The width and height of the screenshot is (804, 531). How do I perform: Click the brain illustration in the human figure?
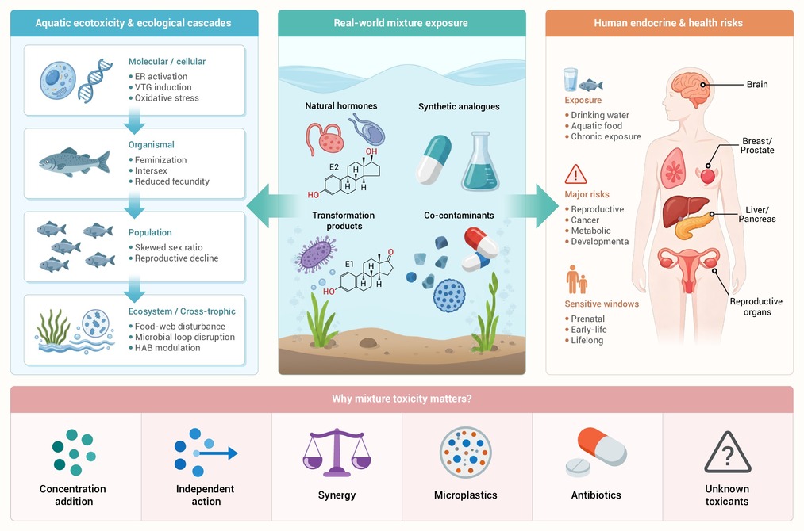692,89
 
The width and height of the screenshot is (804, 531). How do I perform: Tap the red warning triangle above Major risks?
575,174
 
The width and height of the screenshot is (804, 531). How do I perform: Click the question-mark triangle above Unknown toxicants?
727,453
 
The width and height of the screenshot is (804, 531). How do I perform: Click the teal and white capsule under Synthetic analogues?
433,159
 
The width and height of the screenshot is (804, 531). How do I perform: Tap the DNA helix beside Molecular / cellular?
95,80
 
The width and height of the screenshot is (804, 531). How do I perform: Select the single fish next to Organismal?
75,162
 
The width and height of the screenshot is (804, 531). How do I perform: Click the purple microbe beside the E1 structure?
315,254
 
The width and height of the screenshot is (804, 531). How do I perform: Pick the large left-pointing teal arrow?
271,206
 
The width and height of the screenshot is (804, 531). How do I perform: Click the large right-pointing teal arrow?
533,206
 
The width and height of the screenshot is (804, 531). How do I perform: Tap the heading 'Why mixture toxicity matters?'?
402,399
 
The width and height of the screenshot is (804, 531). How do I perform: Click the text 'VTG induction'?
163,87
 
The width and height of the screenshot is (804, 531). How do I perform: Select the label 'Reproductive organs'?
756,306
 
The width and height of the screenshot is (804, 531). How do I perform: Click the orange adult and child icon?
576,279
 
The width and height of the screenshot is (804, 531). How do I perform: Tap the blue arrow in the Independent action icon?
216,453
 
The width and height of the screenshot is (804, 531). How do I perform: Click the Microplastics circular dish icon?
466,453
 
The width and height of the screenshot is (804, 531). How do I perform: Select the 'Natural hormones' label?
341,105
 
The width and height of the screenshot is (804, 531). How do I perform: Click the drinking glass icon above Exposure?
570,80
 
